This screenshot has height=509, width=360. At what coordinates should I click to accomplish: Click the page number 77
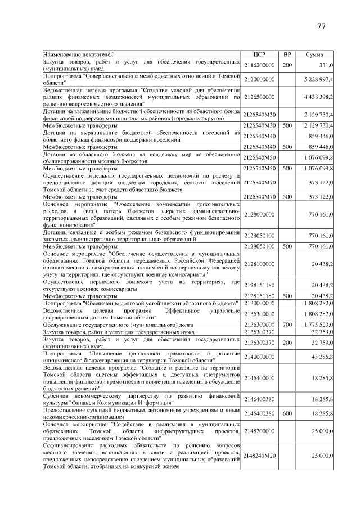coord(322,26)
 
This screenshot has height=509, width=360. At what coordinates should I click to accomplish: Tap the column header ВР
coord(287,54)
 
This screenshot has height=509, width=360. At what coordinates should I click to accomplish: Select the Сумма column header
coord(314,54)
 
